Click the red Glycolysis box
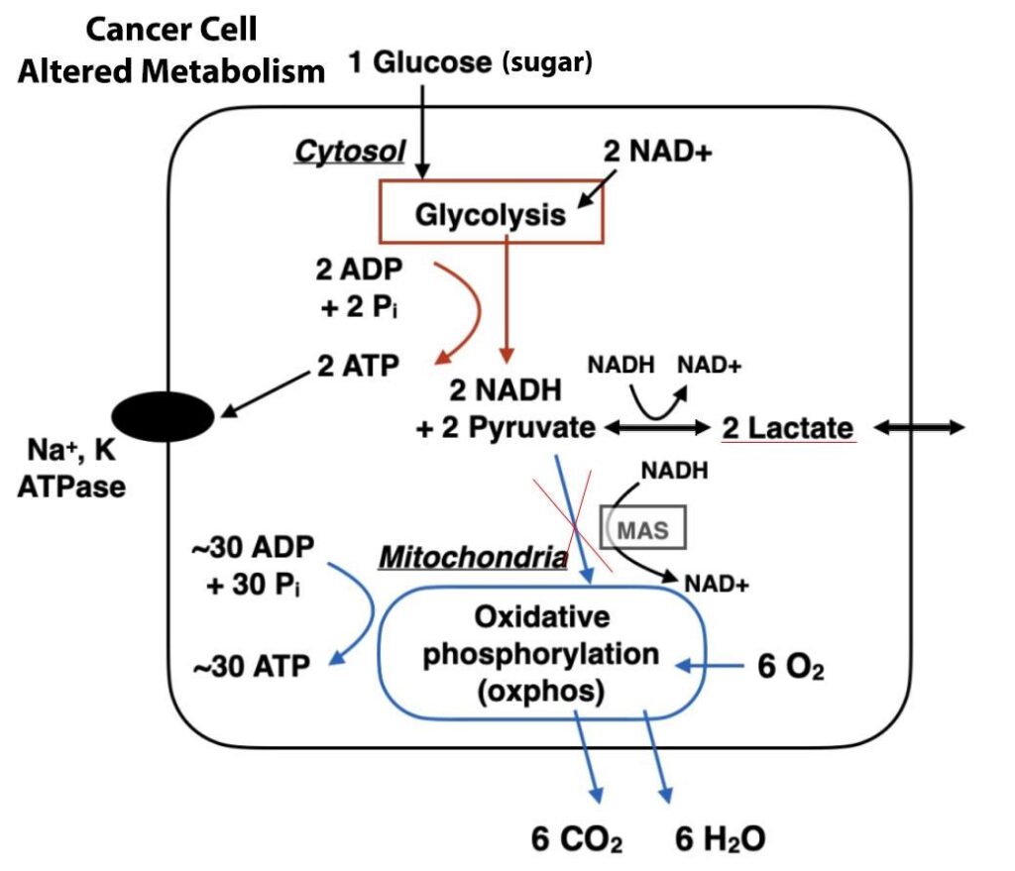point(492,214)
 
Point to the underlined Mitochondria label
point(472,558)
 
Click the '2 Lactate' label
point(787,428)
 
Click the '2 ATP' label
point(358,366)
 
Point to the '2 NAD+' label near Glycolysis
point(658,152)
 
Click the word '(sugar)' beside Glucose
point(547,63)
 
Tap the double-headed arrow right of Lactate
point(917,427)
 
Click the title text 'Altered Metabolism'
point(172,71)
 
